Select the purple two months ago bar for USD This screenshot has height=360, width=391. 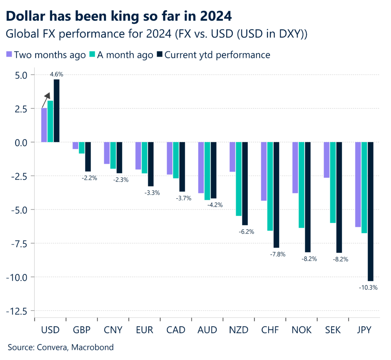(44, 125)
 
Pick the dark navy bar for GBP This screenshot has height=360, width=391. (88, 157)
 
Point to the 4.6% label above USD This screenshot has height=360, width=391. (56, 75)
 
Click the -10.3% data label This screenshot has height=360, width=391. (368, 287)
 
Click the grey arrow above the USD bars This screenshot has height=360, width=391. (47, 100)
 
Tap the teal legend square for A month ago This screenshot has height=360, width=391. (92, 55)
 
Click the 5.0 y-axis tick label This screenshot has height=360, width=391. (21, 75)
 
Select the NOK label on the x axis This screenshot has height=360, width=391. (301, 329)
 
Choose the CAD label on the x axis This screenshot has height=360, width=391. (176, 329)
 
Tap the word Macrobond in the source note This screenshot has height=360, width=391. (95, 347)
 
